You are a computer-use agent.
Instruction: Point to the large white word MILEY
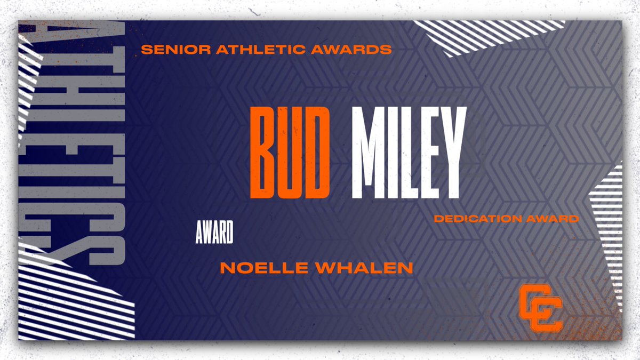pos(406,153)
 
